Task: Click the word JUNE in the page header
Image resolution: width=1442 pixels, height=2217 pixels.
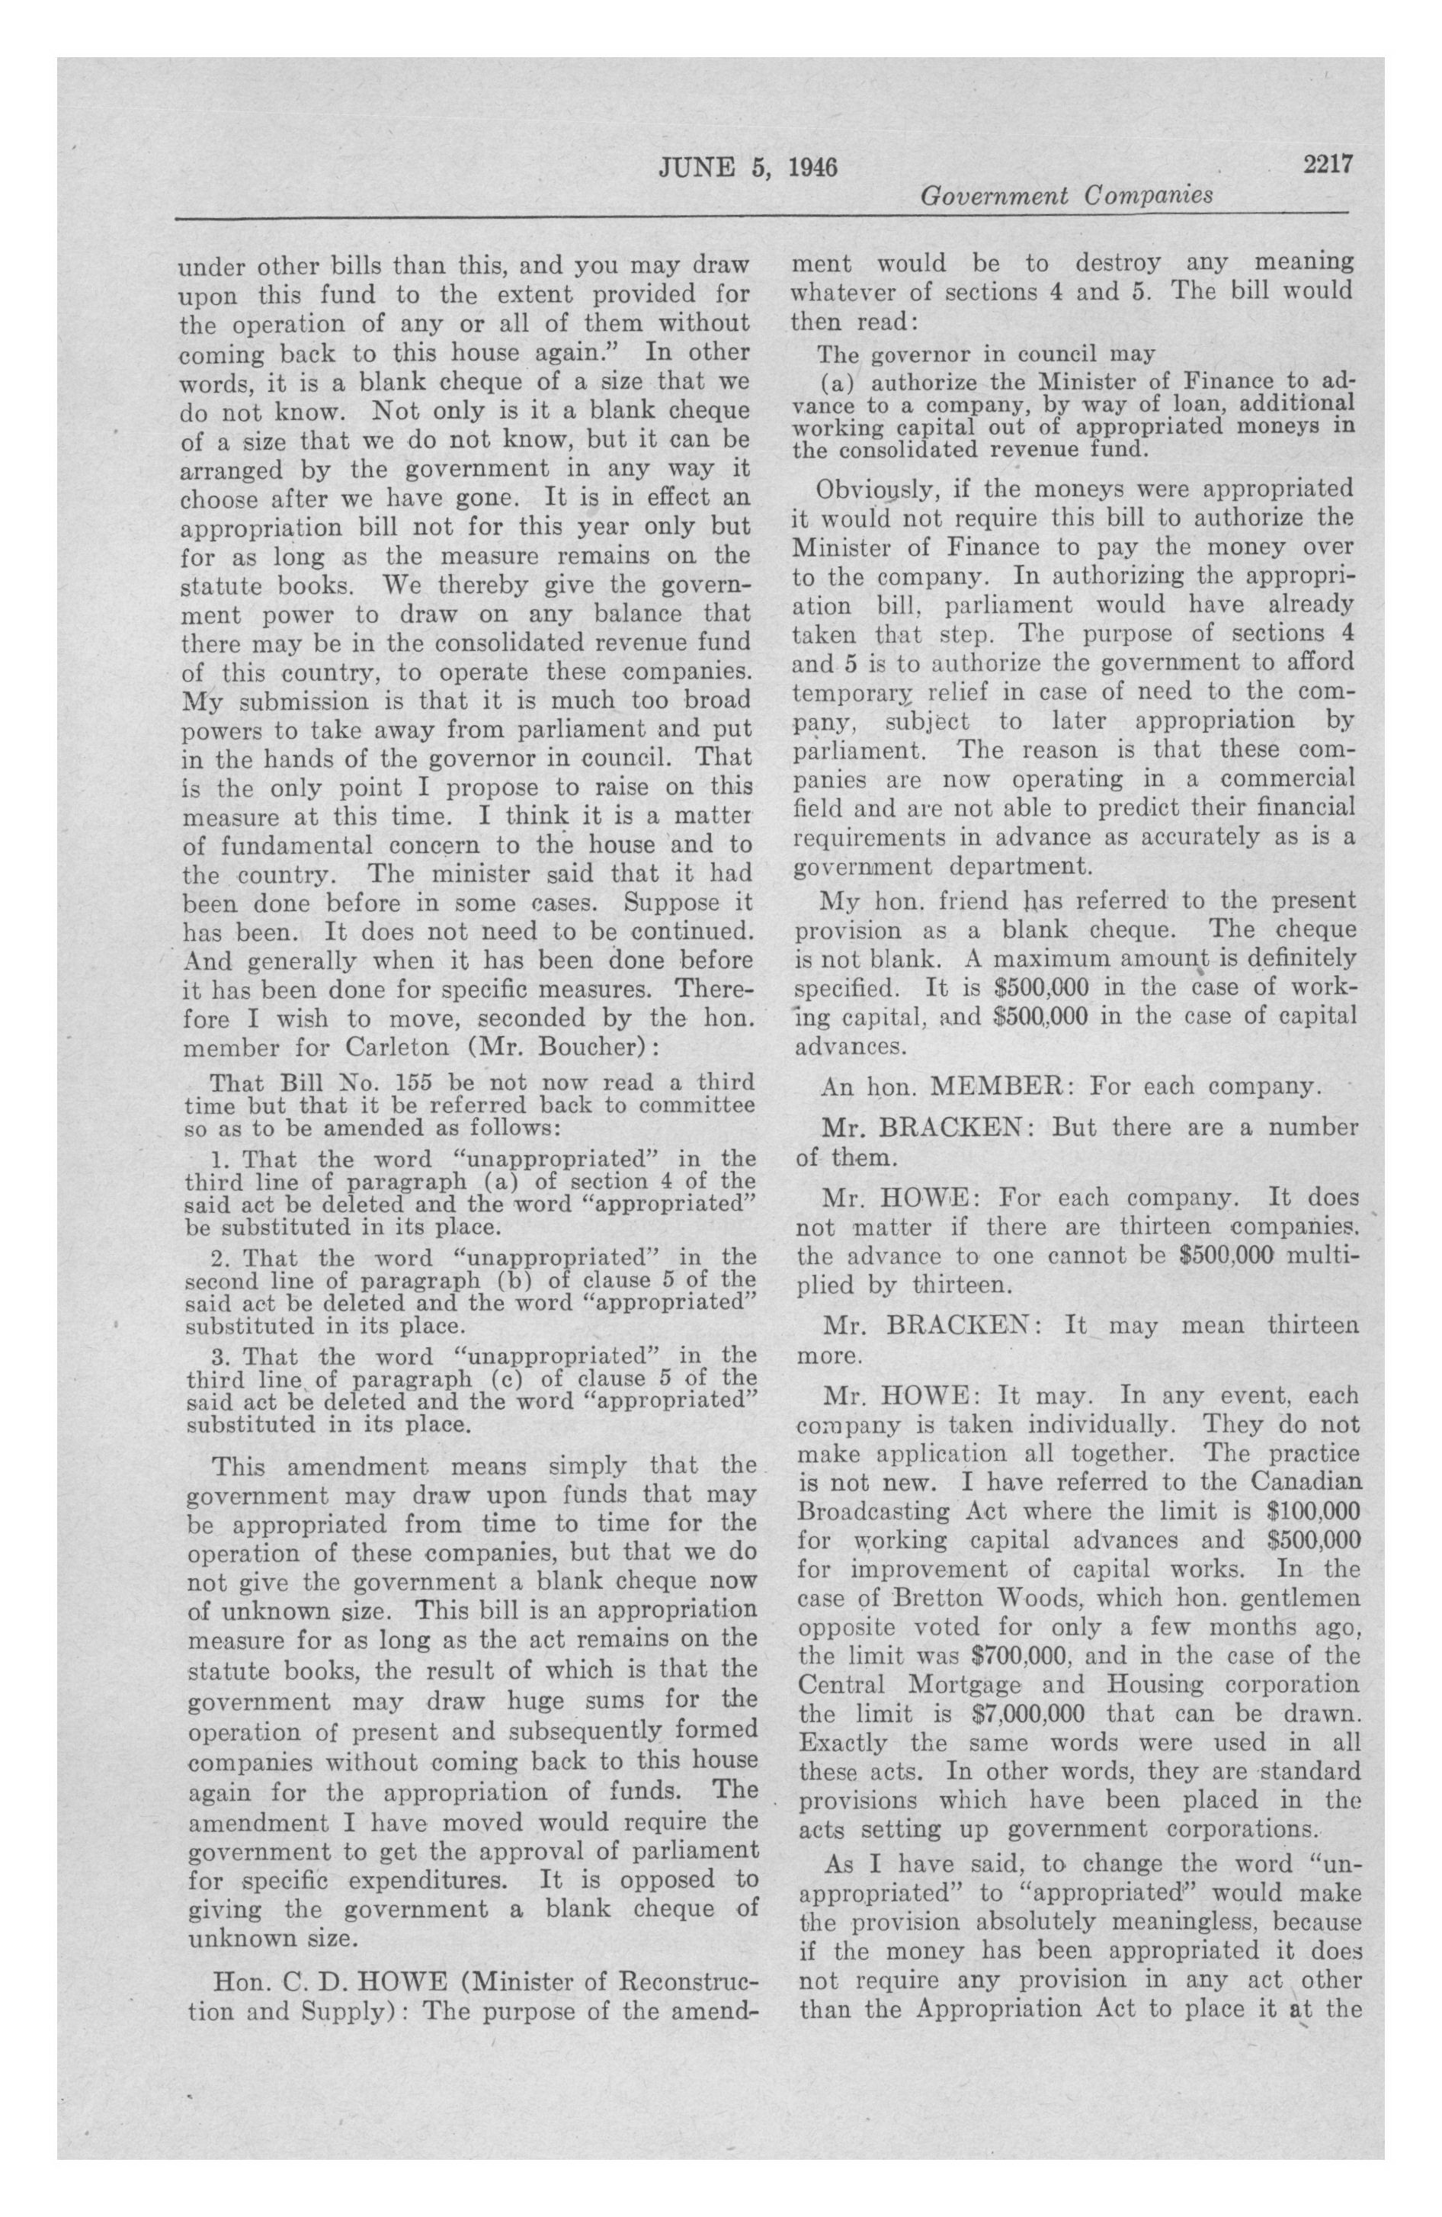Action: (694, 168)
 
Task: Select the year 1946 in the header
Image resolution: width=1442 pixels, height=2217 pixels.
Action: (812, 168)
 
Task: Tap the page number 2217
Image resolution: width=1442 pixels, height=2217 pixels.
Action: (1326, 164)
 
